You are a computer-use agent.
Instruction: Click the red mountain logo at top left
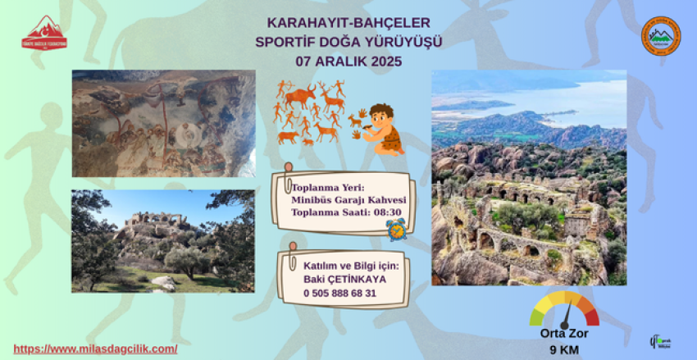click(x=45, y=34)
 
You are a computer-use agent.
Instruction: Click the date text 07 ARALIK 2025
click(x=348, y=61)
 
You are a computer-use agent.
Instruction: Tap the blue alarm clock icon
click(x=397, y=228)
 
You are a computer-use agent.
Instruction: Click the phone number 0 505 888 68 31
click(x=339, y=293)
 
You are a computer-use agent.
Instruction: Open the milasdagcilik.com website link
click(x=96, y=349)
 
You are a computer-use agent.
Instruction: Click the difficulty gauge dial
click(x=565, y=310)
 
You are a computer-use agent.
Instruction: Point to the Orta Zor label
click(x=564, y=333)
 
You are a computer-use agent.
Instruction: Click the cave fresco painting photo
click(x=163, y=123)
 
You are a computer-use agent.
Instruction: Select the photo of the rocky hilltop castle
click(x=163, y=240)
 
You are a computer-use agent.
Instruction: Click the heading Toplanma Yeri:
click(x=322, y=187)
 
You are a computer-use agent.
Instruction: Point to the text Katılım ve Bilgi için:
click(x=349, y=264)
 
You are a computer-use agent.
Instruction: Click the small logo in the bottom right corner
click(x=659, y=339)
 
